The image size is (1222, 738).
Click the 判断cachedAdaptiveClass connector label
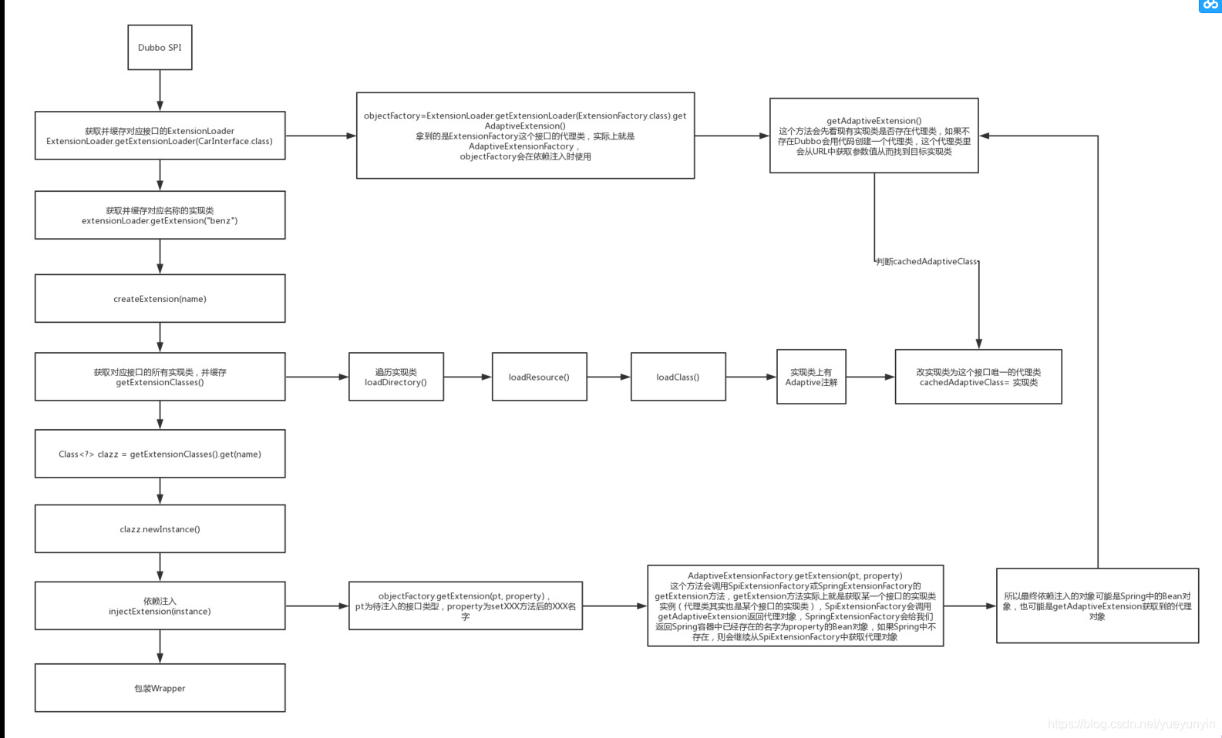[x=926, y=262]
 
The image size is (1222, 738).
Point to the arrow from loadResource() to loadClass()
[x=609, y=377]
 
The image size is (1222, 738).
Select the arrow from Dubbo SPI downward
[x=160, y=90]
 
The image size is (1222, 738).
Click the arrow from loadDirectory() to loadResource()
[x=468, y=377]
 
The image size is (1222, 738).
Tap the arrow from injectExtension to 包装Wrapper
[x=160, y=646]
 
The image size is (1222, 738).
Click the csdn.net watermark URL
[x=1132, y=724]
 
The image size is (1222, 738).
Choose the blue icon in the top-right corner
[x=1210, y=5]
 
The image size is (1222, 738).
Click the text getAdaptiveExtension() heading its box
[x=874, y=120]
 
